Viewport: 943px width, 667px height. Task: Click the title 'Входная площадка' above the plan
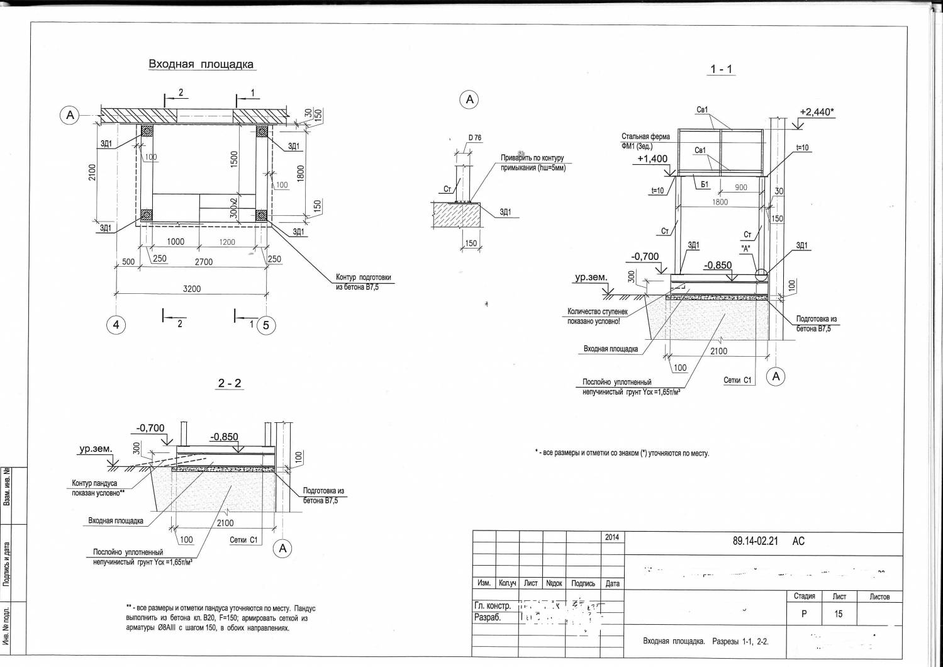point(201,64)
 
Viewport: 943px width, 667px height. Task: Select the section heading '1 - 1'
point(721,69)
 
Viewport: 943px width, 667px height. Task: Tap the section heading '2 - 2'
point(229,383)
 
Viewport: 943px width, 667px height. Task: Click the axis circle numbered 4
point(116,325)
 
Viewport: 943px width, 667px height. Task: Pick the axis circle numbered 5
point(265,325)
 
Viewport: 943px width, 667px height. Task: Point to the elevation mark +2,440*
point(816,112)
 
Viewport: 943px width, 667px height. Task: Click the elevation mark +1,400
point(652,159)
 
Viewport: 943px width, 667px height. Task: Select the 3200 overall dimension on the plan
point(192,289)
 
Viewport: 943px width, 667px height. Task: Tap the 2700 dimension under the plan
point(203,262)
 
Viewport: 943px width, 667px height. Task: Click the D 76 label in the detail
point(474,138)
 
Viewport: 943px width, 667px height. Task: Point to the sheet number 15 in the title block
point(839,614)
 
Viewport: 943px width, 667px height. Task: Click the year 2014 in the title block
point(612,537)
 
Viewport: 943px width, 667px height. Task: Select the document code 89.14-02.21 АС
point(768,541)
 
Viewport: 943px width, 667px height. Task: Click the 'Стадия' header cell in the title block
point(804,597)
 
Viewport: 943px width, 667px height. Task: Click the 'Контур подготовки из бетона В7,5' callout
point(363,281)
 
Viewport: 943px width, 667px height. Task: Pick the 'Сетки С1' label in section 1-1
point(737,380)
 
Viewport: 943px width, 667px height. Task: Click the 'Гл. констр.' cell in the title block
point(493,606)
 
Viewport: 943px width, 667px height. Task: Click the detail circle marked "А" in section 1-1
point(761,275)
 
